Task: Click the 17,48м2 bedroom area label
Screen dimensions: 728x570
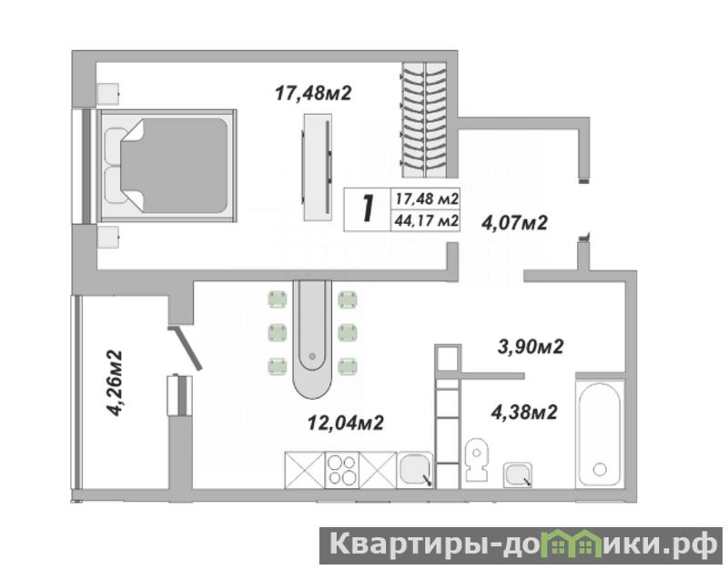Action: (313, 94)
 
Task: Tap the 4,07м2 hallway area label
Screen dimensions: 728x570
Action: (514, 223)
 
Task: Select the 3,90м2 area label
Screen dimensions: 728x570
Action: (531, 347)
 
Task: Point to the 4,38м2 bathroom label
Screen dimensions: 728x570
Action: (524, 412)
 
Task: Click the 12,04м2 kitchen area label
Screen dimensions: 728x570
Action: (346, 422)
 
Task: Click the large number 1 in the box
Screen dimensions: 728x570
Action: (369, 209)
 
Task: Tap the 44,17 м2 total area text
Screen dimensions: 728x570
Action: (426, 220)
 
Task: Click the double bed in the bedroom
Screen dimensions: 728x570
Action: (167, 166)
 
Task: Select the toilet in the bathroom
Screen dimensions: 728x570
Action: (477, 460)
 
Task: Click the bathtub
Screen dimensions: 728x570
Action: (600, 435)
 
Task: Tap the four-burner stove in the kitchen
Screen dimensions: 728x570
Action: (342, 470)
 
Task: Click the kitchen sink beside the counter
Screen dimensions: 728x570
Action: (415, 470)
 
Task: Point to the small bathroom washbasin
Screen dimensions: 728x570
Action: (517, 474)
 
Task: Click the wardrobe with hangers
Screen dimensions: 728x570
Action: (424, 120)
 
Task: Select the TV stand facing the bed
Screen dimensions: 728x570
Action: (318, 168)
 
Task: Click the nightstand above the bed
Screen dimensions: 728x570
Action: (108, 95)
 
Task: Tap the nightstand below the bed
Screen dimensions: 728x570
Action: (108, 238)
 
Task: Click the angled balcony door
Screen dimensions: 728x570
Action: (186, 348)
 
